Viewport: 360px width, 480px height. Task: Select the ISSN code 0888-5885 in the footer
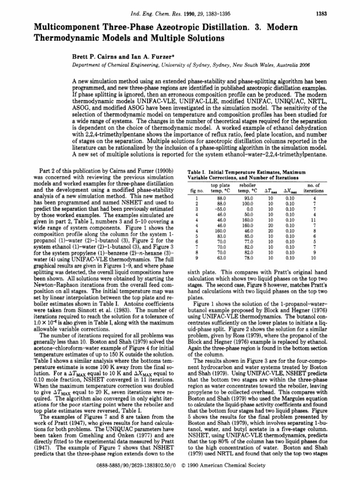click(115, 473)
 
